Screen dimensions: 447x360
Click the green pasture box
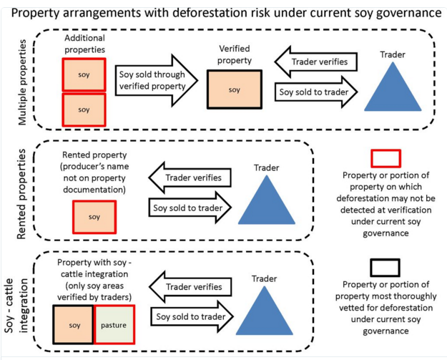114,325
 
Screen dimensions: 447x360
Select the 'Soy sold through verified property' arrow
156,80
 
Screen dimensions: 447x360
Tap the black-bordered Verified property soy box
235,89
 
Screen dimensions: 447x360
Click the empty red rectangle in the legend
385,158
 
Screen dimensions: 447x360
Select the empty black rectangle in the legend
385,268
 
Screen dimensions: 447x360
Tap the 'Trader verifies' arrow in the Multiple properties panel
316,62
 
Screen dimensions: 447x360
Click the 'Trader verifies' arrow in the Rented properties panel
190,177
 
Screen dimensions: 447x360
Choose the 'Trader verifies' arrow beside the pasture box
190,287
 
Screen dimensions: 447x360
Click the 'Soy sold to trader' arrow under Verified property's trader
316,92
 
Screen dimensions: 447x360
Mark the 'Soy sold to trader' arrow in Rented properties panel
190,208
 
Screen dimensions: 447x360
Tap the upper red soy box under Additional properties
84,74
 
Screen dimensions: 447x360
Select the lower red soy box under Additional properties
84,110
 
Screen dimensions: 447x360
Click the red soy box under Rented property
94,217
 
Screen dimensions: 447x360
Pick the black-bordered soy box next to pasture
74,325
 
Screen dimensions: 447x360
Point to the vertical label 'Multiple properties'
22,82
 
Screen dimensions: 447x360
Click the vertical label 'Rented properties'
21,194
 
